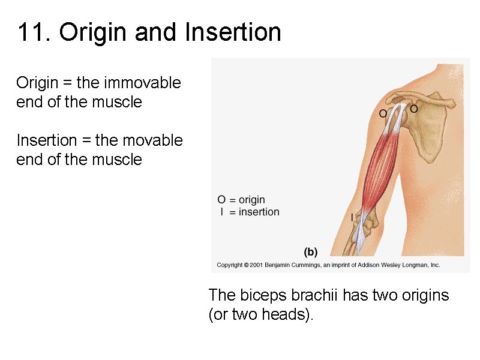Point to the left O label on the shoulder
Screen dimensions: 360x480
[x=383, y=113]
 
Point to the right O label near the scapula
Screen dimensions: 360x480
[x=413, y=109]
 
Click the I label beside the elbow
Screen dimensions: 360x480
[x=352, y=217]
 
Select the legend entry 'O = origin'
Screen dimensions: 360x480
[x=241, y=200]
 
